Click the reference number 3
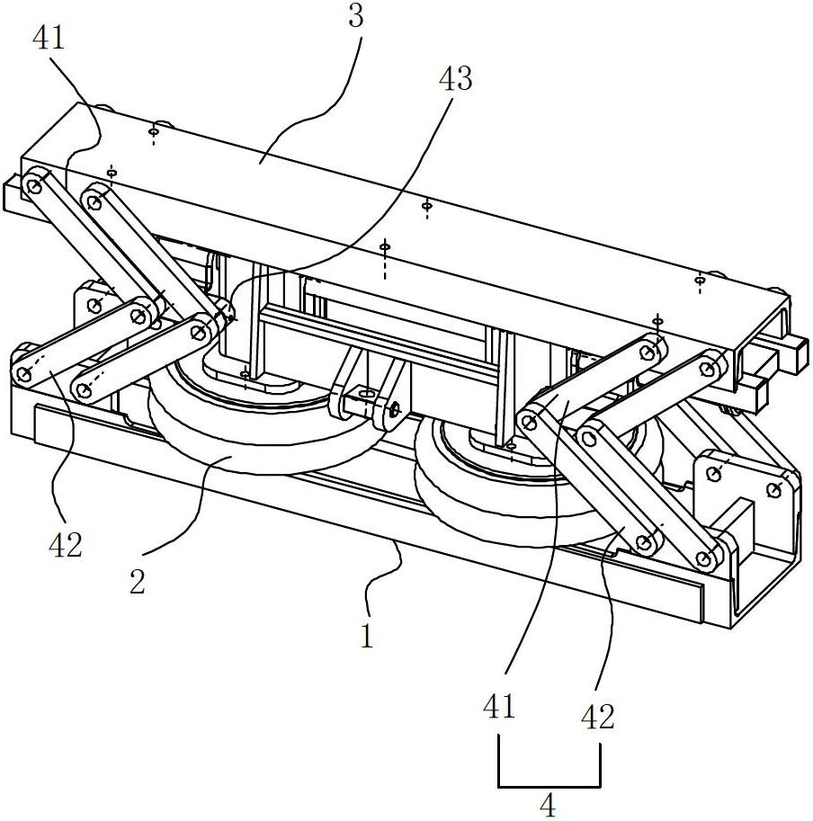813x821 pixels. pos(356,17)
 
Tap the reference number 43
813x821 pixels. pos(454,79)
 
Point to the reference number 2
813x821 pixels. pos(137,582)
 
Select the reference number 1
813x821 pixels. pos(366,637)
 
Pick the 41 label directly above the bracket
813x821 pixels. pos(499,707)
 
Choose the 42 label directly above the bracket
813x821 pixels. pos(597,717)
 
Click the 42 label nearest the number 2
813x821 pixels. pos(65,544)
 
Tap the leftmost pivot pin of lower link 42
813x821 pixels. pos(22,370)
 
